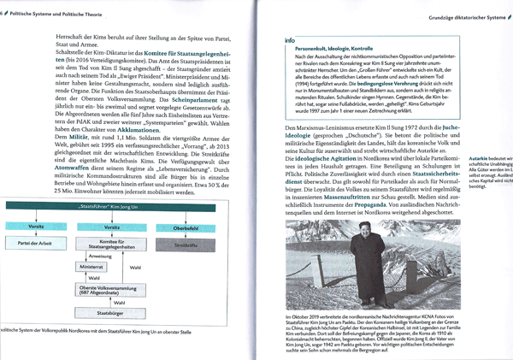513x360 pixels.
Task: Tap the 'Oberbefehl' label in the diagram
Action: tap(186, 228)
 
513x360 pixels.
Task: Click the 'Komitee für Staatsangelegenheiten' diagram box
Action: tap(112, 245)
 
